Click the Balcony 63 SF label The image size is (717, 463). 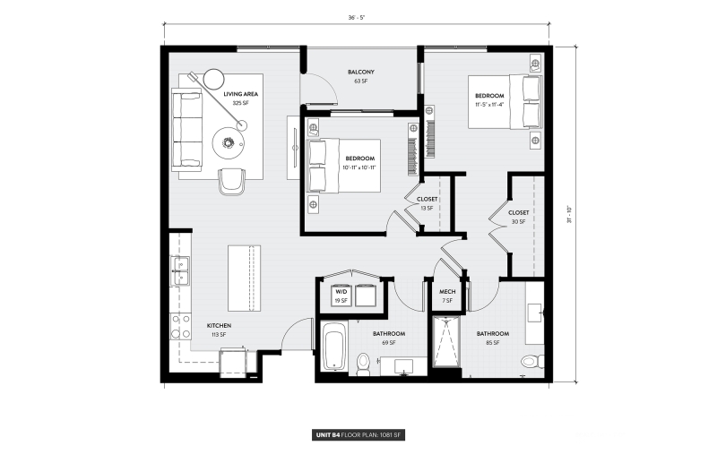(x=360, y=76)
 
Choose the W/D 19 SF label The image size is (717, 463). (x=341, y=296)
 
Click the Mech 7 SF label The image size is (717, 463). (x=446, y=296)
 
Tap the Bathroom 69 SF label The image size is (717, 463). (x=389, y=338)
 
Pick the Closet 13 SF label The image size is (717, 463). (x=427, y=203)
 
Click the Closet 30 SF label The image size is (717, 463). (x=518, y=217)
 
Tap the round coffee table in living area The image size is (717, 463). (x=229, y=141)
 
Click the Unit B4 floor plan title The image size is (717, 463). (x=358, y=434)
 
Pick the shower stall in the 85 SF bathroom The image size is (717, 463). (x=445, y=343)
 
